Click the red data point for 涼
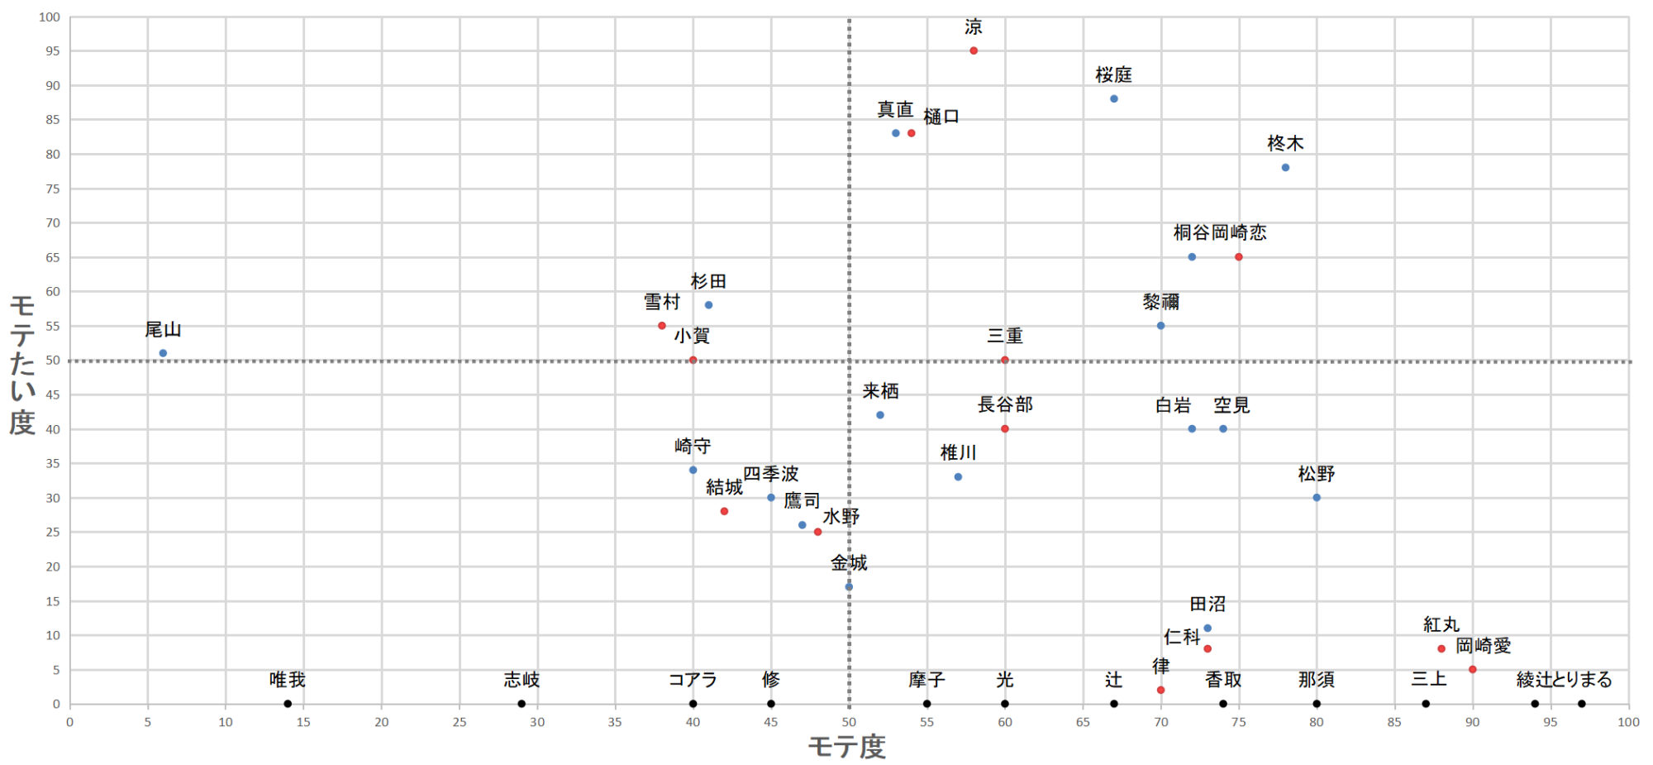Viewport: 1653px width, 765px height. pos(974,51)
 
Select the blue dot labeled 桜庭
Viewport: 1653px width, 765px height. pos(1114,99)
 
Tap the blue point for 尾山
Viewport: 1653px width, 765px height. pos(163,353)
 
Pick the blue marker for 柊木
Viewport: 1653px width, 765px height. pos(1285,168)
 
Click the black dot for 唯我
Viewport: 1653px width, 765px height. pos(288,704)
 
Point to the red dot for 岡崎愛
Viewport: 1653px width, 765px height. pos(1473,670)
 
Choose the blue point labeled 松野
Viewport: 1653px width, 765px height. pos(1317,498)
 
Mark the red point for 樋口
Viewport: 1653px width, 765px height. pos(912,133)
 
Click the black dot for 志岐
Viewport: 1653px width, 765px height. pos(522,704)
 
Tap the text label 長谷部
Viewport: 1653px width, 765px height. pos(1005,404)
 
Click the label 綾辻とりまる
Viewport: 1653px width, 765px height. pos(1564,680)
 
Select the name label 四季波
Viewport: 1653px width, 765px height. pos(770,474)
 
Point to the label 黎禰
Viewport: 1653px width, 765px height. pos(1160,302)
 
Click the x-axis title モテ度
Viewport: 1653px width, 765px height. pos(846,747)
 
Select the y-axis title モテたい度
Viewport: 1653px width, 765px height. pos(22,365)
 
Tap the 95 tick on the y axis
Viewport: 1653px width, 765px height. pos(53,51)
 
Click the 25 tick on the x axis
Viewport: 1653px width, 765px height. pos(460,722)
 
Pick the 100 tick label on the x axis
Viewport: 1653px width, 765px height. pos(1628,722)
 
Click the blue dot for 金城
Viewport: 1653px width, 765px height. pos(849,587)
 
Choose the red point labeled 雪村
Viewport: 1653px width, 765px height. pos(662,326)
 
